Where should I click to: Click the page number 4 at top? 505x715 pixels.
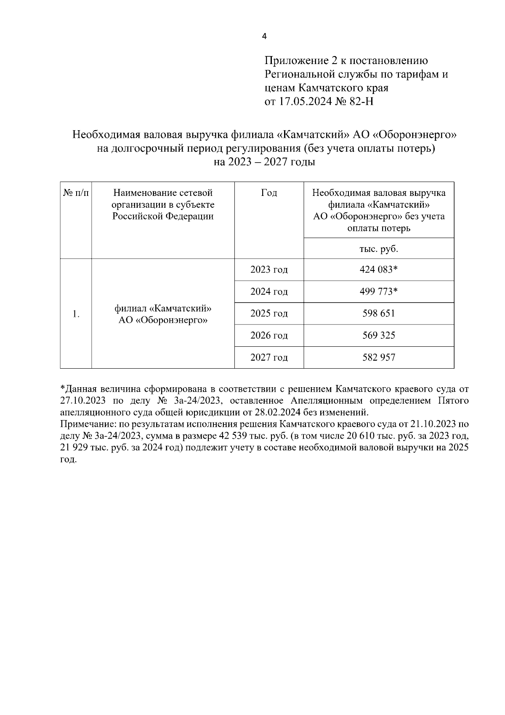[264, 37]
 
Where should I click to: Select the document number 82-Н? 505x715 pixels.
[361, 102]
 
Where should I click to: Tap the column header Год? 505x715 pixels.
[269, 193]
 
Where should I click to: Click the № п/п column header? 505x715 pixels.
[76, 193]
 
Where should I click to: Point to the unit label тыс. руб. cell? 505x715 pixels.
[378, 249]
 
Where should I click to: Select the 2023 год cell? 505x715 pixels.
[269, 270]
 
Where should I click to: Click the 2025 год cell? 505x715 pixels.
[269, 313]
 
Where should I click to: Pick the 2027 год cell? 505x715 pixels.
[269, 358]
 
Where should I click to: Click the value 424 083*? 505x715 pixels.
[378, 270]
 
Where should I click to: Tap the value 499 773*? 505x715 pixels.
[378, 292]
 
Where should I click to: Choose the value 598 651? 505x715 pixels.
[378, 313]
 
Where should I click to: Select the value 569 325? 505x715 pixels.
[378, 335]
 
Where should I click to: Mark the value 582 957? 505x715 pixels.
[378, 358]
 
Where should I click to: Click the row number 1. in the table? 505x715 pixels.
[76, 314]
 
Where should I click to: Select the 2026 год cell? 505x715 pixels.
[269, 335]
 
